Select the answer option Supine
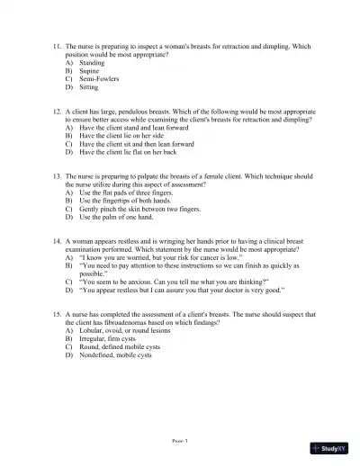click(89, 71)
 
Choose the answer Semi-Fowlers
click(99, 79)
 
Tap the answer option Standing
click(92, 63)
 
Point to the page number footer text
click(179, 442)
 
